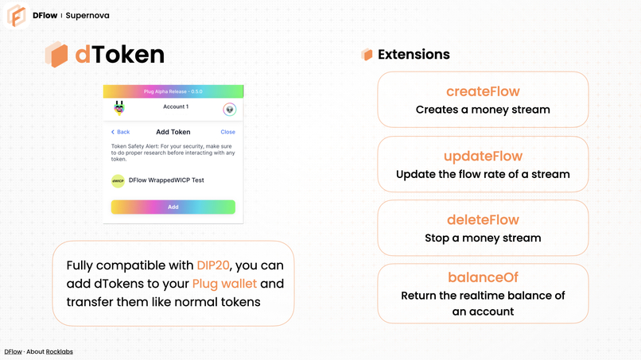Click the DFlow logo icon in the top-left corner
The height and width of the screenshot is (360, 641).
(x=15, y=15)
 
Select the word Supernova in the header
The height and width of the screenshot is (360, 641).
(x=87, y=15)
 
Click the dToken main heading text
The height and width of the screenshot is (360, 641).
(x=119, y=54)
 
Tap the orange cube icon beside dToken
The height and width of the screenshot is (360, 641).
(x=56, y=55)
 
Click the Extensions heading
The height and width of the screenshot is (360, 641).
(x=414, y=55)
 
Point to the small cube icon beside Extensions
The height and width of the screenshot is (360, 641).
(x=367, y=55)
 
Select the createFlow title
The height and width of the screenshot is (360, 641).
(x=483, y=92)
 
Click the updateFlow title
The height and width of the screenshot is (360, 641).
(x=483, y=157)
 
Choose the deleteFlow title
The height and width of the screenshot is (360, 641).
(x=483, y=220)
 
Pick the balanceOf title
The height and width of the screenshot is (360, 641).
(x=483, y=277)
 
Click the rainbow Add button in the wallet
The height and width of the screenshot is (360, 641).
(x=173, y=207)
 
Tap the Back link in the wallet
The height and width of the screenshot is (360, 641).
(x=121, y=132)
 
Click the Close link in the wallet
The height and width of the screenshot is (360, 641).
(x=227, y=132)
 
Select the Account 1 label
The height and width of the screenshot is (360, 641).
(x=176, y=106)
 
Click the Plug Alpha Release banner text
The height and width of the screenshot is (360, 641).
(x=173, y=91)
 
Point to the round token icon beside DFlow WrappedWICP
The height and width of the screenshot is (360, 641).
(x=118, y=180)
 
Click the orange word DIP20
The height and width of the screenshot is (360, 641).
(x=212, y=265)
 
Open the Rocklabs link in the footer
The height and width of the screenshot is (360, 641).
(x=59, y=351)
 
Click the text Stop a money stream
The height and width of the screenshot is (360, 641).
(x=483, y=238)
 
